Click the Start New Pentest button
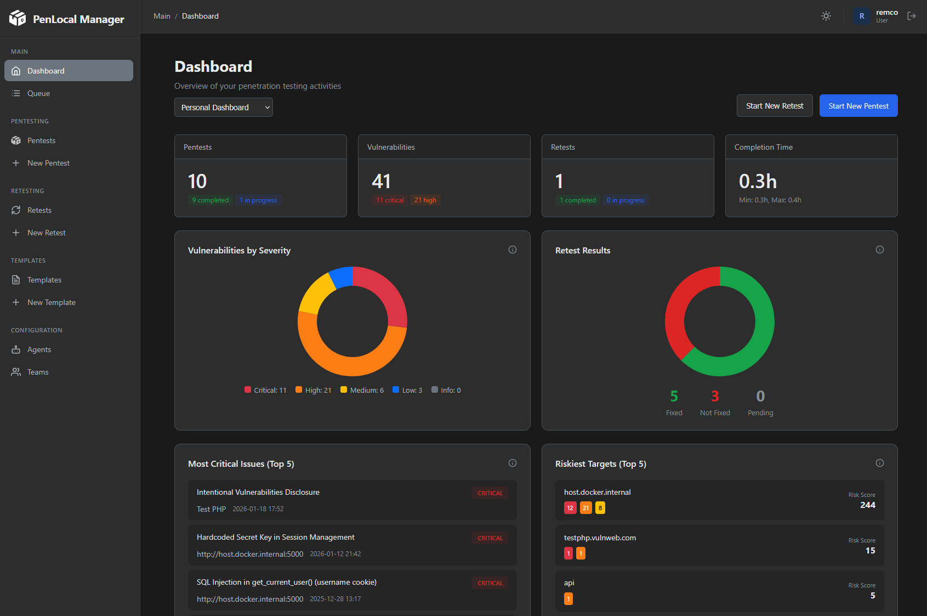(858, 106)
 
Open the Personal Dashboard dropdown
(223, 108)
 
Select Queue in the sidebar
(38, 93)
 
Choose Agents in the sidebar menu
(39, 349)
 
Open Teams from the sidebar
(38, 372)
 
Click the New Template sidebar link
(51, 302)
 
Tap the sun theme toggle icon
(826, 16)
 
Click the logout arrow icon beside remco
(911, 16)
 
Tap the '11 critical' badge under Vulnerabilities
(390, 200)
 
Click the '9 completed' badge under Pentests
(210, 200)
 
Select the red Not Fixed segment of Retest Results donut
(678, 313)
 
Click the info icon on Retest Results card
(879, 250)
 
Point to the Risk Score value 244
(867, 505)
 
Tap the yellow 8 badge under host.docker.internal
(600, 508)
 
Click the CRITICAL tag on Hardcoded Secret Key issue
(490, 538)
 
